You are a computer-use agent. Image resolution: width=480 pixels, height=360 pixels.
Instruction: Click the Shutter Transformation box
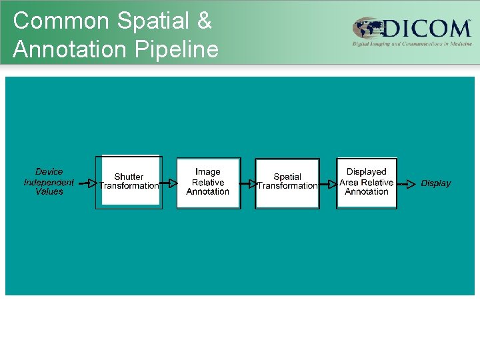(129, 182)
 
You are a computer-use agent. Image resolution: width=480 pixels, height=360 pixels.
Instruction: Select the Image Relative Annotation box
(208, 182)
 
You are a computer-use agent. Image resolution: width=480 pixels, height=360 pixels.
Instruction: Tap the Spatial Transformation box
(287, 182)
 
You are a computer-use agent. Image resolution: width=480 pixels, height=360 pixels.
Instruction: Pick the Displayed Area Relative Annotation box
(367, 182)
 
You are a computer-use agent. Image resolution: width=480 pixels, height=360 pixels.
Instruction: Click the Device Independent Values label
(49, 181)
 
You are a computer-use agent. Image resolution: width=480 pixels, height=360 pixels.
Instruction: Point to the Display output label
(436, 183)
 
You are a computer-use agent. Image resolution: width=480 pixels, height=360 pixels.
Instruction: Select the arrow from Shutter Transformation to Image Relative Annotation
(169, 183)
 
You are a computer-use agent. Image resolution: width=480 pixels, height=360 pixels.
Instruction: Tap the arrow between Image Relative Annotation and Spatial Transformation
(247, 183)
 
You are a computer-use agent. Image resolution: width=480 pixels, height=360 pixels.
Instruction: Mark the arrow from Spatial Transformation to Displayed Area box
(327, 183)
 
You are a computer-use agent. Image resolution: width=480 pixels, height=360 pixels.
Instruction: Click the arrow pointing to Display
(407, 183)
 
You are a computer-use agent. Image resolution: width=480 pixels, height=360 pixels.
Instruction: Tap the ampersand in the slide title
(203, 21)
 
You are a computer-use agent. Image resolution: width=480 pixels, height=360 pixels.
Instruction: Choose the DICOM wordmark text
(427, 29)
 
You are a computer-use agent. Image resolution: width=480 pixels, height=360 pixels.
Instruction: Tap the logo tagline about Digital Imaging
(412, 43)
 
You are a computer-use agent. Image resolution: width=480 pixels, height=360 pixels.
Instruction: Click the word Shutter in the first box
(129, 177)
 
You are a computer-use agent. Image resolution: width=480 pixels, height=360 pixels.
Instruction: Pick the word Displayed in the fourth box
(367, 172)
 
